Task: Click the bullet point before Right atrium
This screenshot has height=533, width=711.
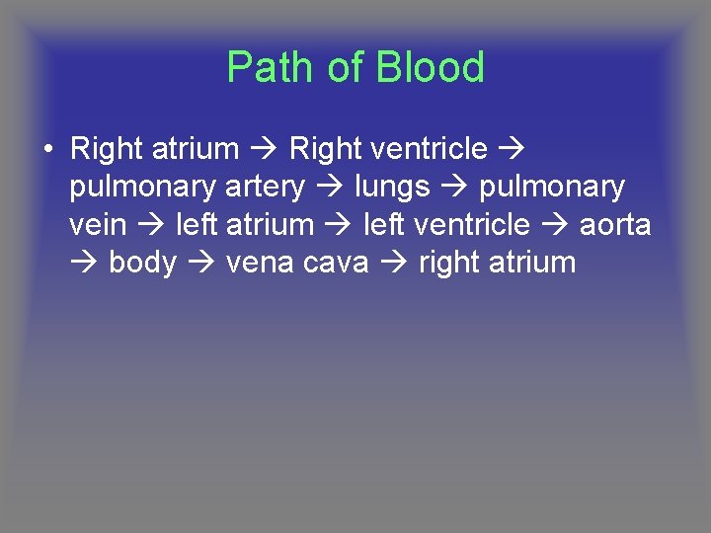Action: point(47,149)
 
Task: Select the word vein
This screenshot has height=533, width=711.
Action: point(98,225)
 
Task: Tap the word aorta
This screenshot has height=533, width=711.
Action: point(615,225)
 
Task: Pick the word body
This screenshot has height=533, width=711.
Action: point(142,263)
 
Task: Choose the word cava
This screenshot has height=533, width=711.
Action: point(344,263)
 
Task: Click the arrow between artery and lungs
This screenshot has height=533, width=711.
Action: point(330,187)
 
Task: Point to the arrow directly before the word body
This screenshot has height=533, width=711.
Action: point(84,263)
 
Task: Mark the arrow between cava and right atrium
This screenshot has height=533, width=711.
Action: point(395,263)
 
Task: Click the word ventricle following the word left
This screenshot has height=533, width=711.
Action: point(471,225)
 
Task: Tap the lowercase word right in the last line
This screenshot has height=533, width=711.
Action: point(448,264)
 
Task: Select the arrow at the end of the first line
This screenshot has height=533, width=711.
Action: point(512,149)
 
